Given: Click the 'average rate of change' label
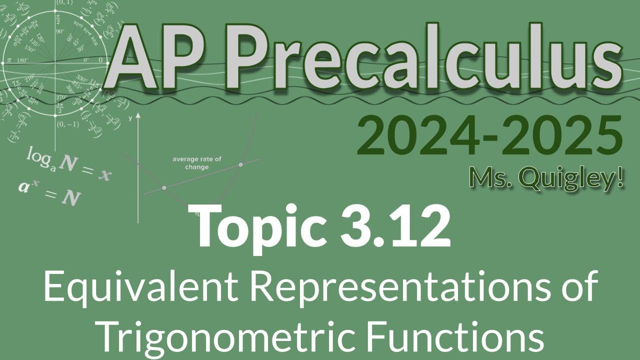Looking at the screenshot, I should (197, 163).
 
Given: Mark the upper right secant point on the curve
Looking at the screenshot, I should (241, 164).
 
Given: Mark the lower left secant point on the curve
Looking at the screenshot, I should (164, 188).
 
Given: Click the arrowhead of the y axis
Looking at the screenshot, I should (138, 116).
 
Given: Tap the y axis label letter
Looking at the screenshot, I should (129, 118).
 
